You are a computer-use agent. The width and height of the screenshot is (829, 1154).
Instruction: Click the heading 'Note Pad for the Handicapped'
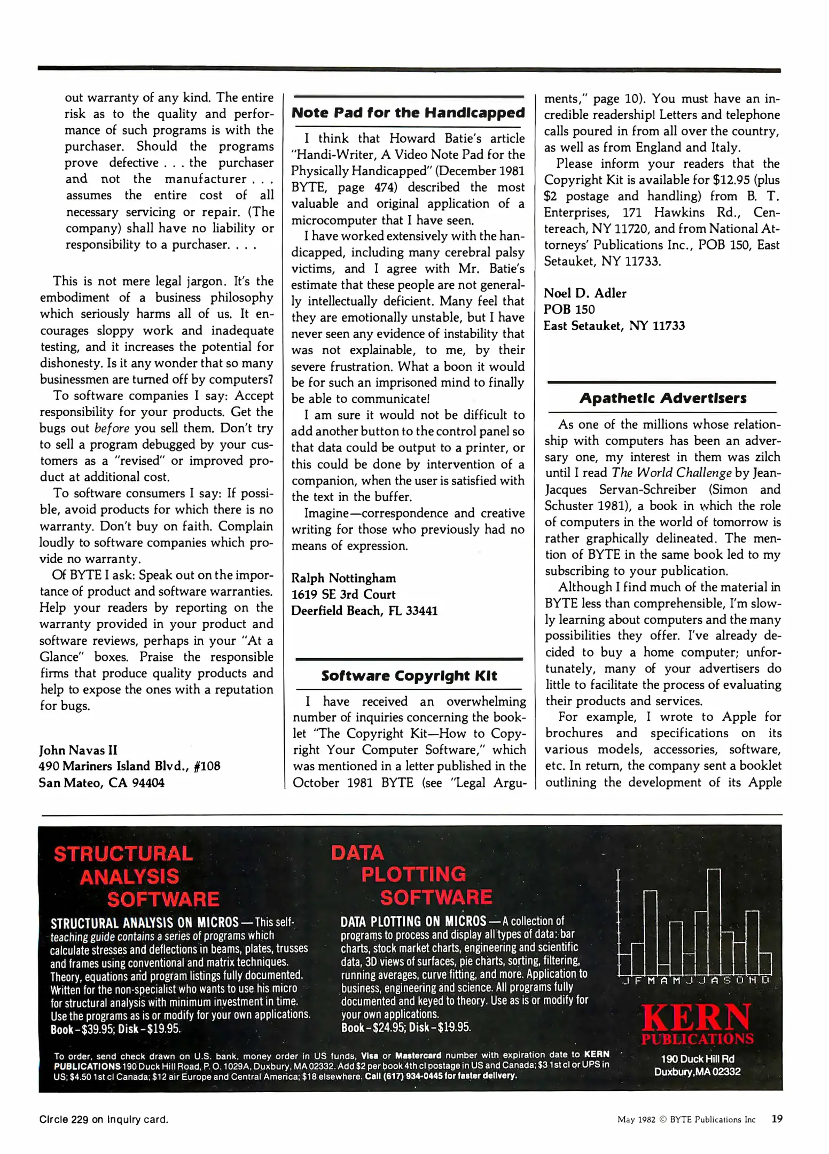click(x=408, y=113)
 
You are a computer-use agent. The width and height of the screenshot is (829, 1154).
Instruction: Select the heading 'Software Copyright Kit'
click(x=409, y=676)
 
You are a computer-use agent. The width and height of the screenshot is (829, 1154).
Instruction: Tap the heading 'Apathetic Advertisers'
click(x=662, y=398)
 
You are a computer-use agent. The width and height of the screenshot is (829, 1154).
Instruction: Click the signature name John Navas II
click(x=78, y=750)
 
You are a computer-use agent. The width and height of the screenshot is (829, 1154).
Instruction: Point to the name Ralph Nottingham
click(x=343, y=578)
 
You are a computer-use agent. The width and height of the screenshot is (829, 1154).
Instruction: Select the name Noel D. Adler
click(x=584, y=293)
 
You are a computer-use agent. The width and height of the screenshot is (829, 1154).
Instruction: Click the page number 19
click(x=777, y=1118)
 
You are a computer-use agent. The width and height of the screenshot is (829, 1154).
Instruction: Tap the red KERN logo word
click(x=696, y=1018)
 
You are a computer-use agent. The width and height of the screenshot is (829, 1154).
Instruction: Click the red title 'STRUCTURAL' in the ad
click(x=123, y=853)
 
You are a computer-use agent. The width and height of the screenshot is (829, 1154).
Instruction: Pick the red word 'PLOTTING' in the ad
click(x=413, y=874)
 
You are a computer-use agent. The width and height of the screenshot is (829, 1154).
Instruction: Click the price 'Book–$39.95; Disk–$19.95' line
click(x=115, y=1029)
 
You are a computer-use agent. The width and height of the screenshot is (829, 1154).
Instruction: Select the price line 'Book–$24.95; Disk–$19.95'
click(x=406, y=1027)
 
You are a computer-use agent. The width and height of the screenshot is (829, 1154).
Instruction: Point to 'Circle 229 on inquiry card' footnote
click(x=104, y=1119)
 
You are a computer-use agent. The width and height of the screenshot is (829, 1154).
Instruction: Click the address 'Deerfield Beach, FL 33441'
click(x=364, y=611)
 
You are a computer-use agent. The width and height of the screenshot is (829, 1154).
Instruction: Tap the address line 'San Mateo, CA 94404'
click(x=101, y=783)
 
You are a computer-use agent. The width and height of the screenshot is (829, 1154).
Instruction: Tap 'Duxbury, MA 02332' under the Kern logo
click(x=697, y=1071)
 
